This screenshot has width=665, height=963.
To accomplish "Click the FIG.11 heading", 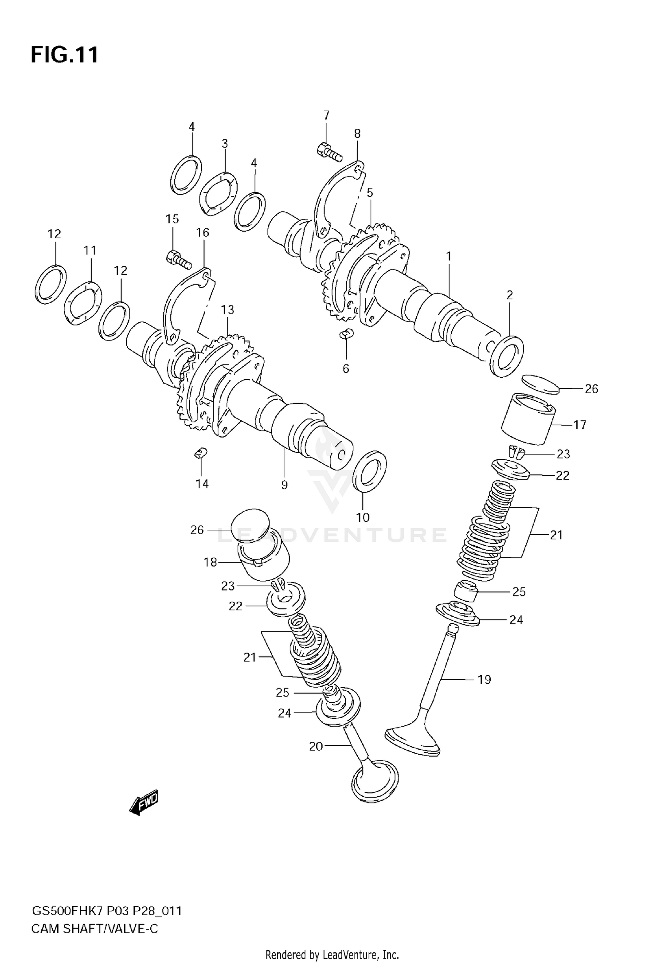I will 64,56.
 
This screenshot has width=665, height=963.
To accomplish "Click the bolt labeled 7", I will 329,152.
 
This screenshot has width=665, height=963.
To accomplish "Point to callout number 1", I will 449,256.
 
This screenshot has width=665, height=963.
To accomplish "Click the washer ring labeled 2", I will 507,356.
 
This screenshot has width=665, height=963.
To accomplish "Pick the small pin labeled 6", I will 346,333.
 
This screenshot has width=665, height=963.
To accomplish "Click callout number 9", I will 284,485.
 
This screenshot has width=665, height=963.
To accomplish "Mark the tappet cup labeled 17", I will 528,419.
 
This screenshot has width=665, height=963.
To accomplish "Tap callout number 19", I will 484,679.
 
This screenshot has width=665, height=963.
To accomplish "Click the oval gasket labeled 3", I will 218,194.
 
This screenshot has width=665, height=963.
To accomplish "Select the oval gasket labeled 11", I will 83,303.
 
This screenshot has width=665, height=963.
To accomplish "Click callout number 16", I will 202,232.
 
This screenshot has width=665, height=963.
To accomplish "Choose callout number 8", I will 357,133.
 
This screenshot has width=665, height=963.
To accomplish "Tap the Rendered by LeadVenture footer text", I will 332,954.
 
